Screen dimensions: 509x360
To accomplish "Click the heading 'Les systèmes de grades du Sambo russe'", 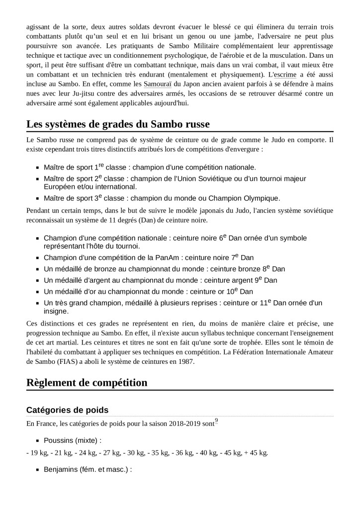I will (118, 124).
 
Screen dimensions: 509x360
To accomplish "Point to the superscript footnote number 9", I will (216, 421).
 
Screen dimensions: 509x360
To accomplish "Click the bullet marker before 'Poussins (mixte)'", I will (37, 440).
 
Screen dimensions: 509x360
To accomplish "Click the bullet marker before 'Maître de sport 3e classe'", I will (37, 198).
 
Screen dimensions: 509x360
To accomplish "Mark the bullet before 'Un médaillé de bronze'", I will (37, 269).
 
